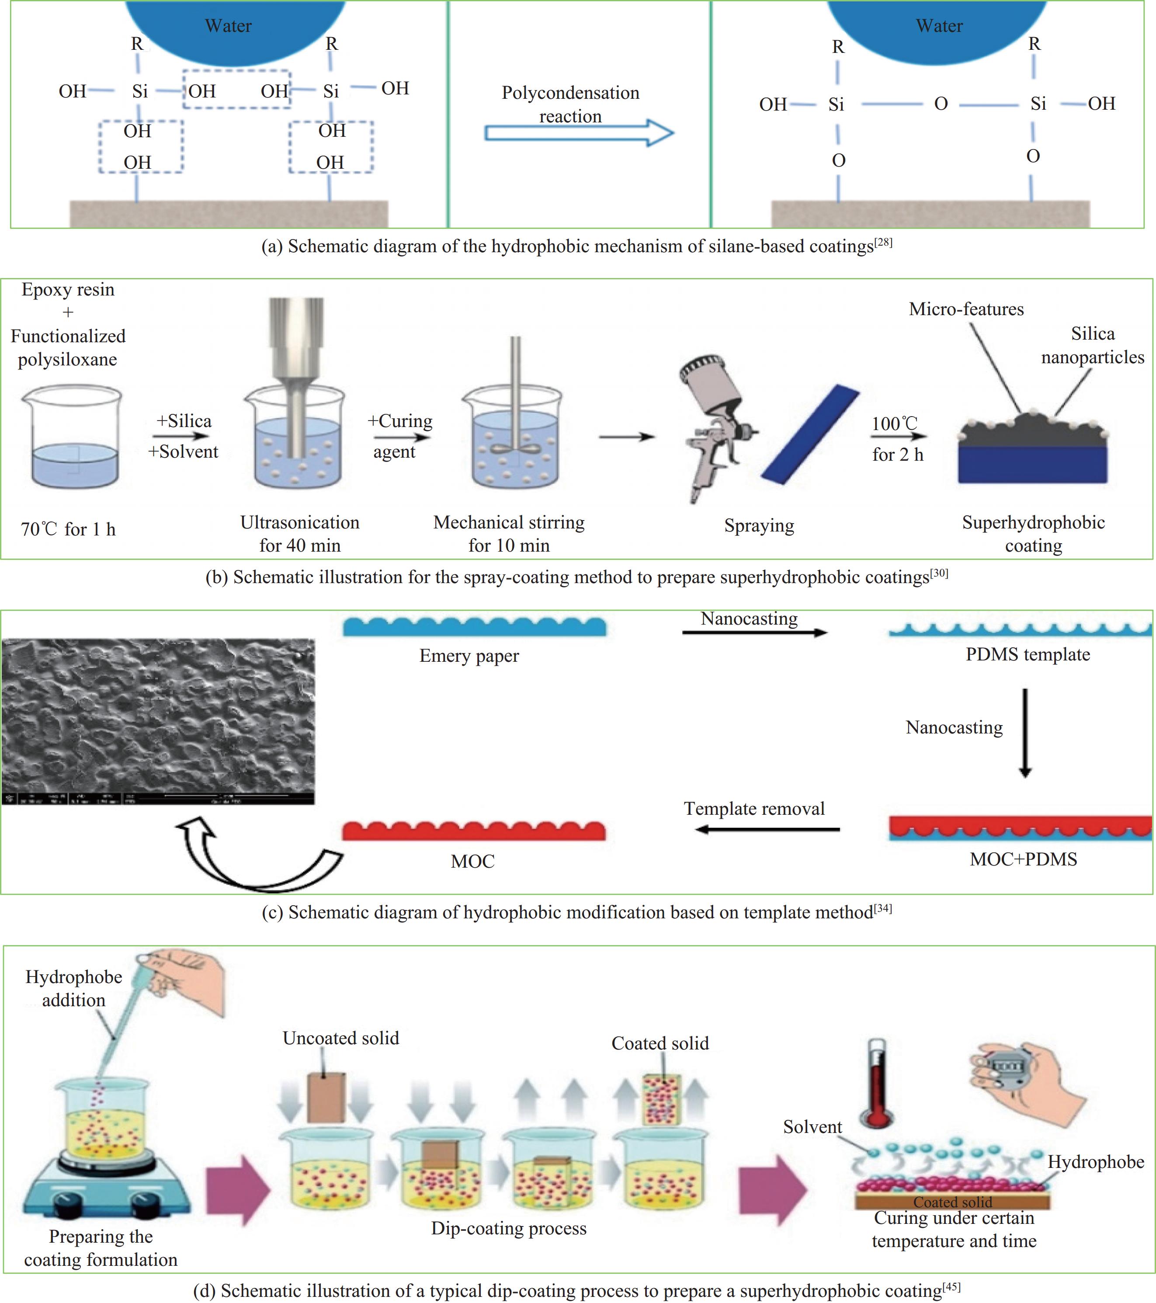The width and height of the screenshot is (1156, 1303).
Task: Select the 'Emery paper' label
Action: coord(469,656)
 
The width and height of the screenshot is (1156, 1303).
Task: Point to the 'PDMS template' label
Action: coord(1027,655)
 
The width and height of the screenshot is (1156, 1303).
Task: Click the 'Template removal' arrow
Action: coord(767,829)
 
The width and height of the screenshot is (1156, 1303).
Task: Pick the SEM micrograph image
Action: coord(158,720)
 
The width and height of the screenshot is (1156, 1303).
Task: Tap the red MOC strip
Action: coord(473,830)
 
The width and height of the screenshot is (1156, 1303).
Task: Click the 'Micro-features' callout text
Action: coord(966,309)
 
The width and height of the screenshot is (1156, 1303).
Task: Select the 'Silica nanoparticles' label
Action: coord(1092,345)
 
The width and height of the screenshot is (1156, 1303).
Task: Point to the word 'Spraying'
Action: coord(759,526)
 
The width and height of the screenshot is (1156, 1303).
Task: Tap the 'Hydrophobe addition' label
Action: coord(74,989)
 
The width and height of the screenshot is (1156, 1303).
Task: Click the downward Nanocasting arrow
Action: coord(1025,733)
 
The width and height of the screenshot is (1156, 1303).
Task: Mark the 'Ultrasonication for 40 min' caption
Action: coord(299,534)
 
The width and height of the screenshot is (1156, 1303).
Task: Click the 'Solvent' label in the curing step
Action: coord(812,1127)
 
